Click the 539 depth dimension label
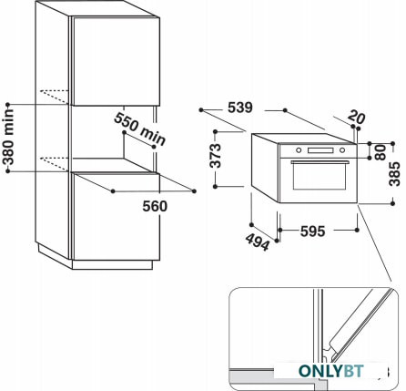tap(240, 108)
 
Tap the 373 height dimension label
tap(216, 156)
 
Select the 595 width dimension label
tap(312, 232)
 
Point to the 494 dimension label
tap(258, 242)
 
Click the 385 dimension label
tap(395, 174)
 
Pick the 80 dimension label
tap(381, 153)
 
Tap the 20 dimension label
tap(357, 117)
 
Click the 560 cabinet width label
tap(155, 206)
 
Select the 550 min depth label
tap(140, 129)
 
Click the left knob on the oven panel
tap(299, 150)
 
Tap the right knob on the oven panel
tap(342, 150)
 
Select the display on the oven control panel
tap(320, 150)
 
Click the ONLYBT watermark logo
tap(331, 371)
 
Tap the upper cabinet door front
tap(117, 62)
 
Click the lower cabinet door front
tap(117, 217)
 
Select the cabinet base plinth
tap(112, 264)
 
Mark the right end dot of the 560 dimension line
tap(194, 191)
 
